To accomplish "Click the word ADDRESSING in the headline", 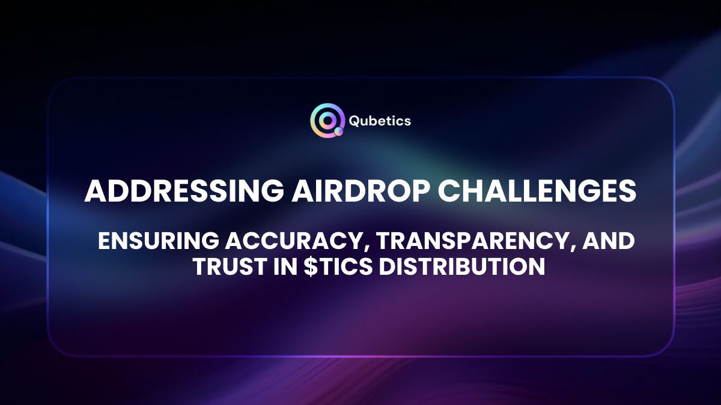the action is pos(181,191).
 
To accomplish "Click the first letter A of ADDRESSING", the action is pos(95,191).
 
